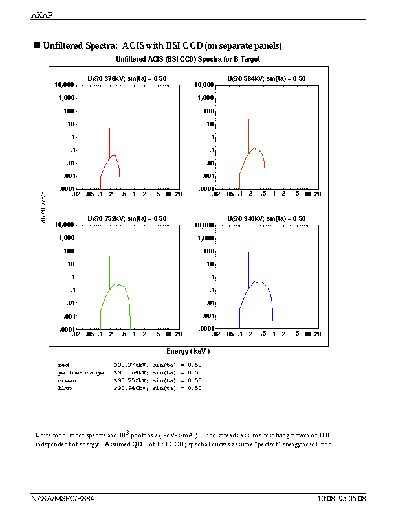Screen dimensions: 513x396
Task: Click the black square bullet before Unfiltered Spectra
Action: pyautogui.click(x=37, y=45)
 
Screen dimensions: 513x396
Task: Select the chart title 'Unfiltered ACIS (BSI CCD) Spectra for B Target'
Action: pyautogui.click(x=188, y=59)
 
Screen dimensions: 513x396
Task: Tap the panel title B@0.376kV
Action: pyautogui.click(x=127, y=78)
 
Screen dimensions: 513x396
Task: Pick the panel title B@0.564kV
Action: pyautogui.click(x=266, y=78)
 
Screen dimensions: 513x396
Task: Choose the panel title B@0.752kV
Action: pyautogui.click(x=127, y=218)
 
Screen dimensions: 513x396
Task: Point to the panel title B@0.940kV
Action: pyautogui.click(x=266, y=218)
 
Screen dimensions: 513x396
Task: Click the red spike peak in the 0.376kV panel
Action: pyautogui.click(x=109, y=127)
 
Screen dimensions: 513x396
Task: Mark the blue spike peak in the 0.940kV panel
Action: pyautogui.click(x=248, y=253)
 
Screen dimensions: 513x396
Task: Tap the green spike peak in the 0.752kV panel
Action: pyautogui.click(x=109, y=255)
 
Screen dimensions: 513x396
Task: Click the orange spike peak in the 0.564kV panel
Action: pyautogui.click(x=248, y=119)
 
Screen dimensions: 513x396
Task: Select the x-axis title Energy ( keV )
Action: pyautogui.click(x=188, y=351)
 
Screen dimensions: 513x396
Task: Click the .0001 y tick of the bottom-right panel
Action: pyautogui.click(x=204, y=329)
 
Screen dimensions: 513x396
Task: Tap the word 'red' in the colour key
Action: pyautogui.click(x=63, y=365)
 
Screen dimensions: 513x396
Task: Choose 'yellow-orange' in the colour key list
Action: pyautogui.click(x=80, y=372)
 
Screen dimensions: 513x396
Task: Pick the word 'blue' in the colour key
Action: pyautogui.click(x=65, y=388)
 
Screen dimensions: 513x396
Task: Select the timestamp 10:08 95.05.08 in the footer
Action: pyautogui.click(x=342, y=499)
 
